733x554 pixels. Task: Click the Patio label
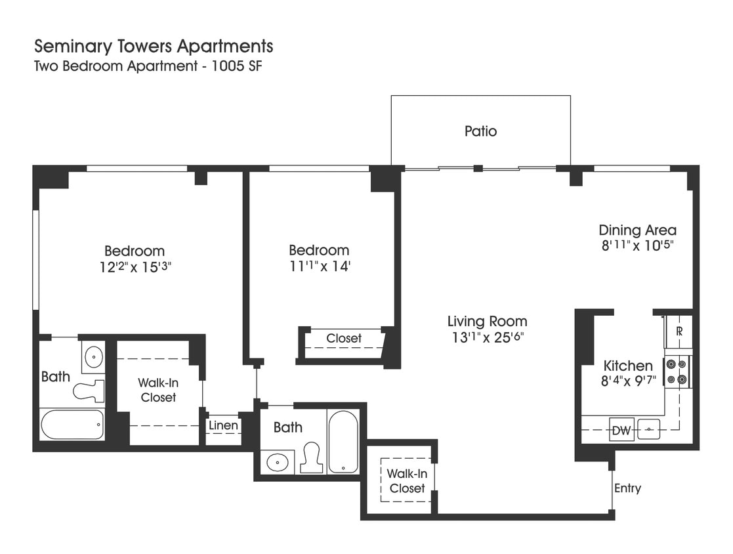[x=480, y=131]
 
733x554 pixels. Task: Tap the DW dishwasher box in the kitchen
[x=621, y=431]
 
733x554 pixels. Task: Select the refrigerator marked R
[x=679, y=331]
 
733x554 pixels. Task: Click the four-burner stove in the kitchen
[x=677, y=371]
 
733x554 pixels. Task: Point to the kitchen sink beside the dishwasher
[x=649, y=429]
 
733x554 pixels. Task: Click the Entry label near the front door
[x=627, y=488]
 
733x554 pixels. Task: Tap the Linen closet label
[x=223, y=425]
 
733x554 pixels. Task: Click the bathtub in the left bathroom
[x=72, y=425]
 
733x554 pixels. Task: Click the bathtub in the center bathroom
[x=343, y=441]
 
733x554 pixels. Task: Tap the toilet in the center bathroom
[x=312, y=458]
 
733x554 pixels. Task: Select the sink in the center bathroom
[x=278, y=462]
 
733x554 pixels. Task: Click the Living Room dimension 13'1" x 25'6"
[x=487, y=337]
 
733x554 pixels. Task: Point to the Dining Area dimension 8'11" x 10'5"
[x=637, y=246]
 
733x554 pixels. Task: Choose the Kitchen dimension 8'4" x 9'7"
[x=628, y=382]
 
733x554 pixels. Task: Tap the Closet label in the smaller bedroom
[x=344, y=339]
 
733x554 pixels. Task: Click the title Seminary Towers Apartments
[x=154, y=47]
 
